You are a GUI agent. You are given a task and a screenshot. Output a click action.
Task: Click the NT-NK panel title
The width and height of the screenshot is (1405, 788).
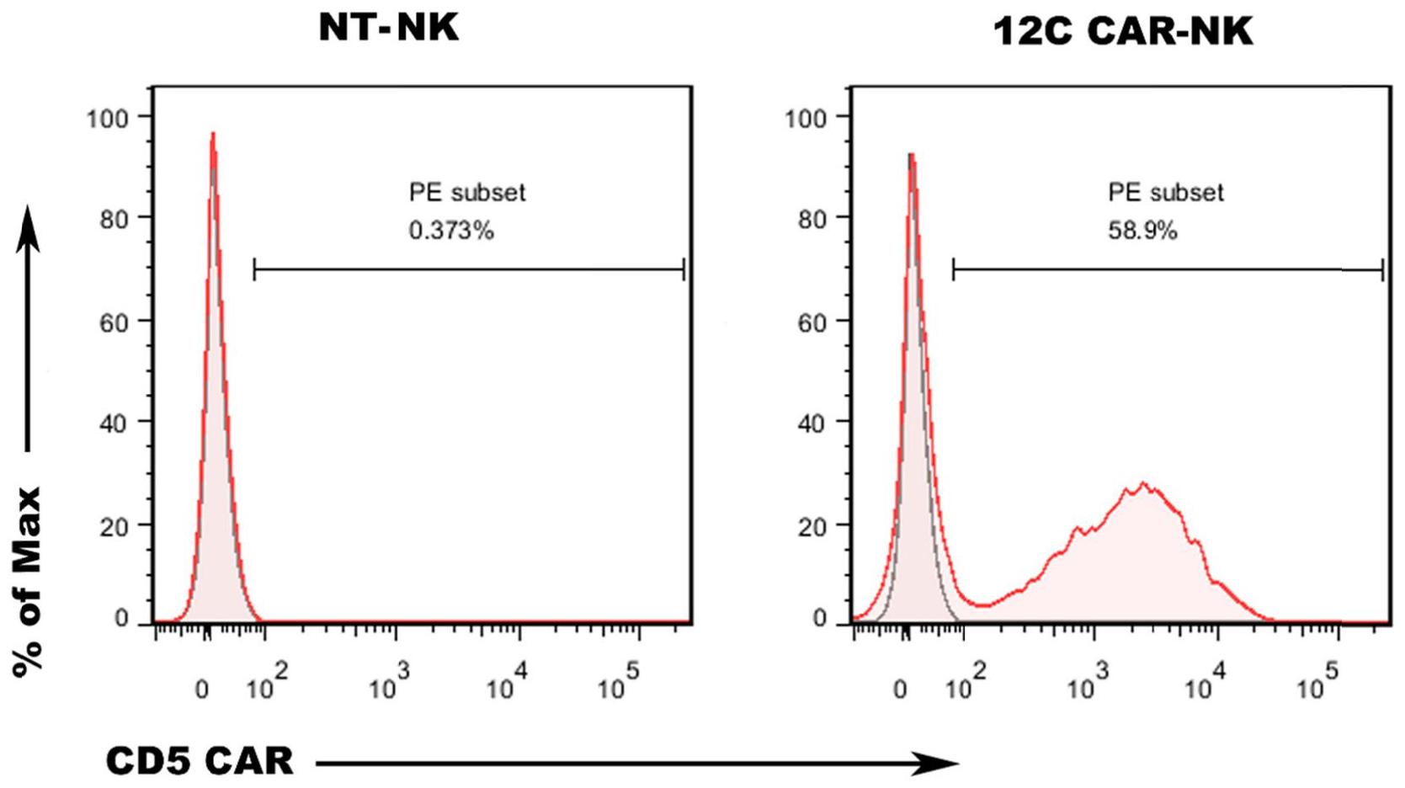coord(389,27)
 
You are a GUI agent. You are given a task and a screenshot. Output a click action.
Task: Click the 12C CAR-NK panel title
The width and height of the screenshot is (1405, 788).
coord(1123,32)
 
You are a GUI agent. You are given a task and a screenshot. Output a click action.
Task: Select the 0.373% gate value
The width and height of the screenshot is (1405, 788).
coord(451,231)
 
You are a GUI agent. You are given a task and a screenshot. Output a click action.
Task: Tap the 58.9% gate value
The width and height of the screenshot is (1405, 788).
coord(1142,231)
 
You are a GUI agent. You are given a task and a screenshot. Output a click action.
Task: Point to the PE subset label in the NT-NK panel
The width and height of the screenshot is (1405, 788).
coord(467,193)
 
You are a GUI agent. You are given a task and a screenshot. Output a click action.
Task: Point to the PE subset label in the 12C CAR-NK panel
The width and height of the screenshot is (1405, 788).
coord(1166,193)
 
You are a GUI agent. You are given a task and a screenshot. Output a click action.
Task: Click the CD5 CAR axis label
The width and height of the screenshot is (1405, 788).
coord(200,761)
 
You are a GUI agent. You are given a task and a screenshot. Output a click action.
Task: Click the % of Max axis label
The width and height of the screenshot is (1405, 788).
coord(28,581)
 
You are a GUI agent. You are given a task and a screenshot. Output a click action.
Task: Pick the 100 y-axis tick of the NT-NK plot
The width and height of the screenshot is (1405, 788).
coord(108,118)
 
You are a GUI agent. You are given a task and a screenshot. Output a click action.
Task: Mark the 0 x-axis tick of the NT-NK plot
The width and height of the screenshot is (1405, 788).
coord(202,689)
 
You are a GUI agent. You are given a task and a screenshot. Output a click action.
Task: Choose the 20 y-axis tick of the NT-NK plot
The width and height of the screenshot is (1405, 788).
coord(113,527)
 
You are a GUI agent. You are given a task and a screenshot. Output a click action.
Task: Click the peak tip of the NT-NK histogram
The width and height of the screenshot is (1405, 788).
coord(213,133)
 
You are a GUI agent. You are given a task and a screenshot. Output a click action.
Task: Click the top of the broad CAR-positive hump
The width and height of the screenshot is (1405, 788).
coord(1142,484)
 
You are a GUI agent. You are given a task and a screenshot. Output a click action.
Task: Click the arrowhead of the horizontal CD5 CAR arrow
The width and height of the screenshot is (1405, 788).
coord(943,764)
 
